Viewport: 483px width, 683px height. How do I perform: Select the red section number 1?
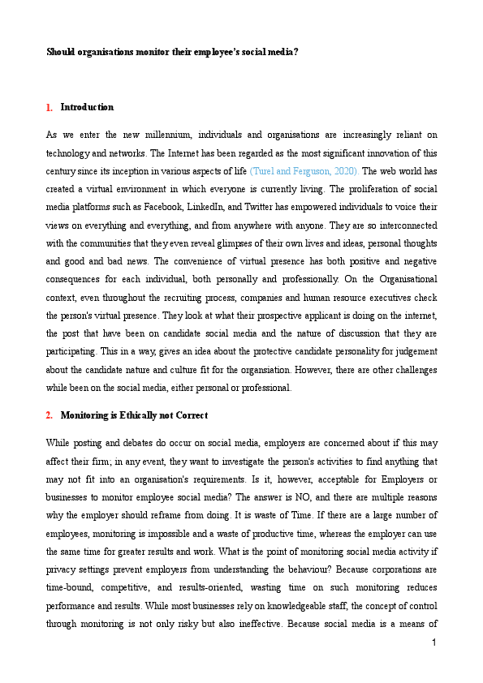[x=50, y=108]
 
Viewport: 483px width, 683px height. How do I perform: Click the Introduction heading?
[x=87, y=108]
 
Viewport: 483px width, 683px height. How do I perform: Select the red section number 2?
[x=50, y=415]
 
